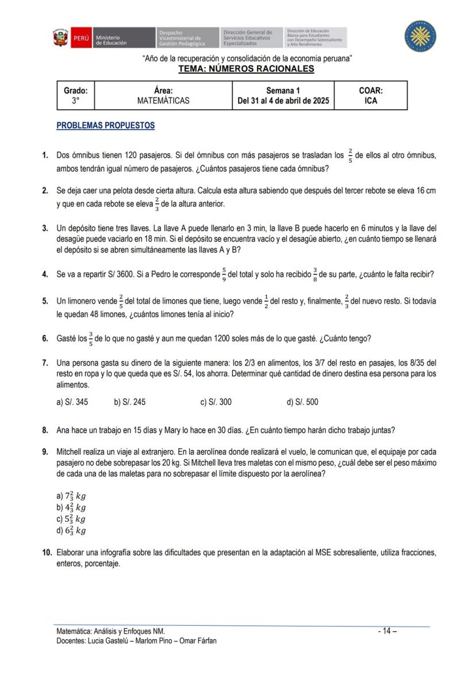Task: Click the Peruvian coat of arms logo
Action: [x=60, y=38]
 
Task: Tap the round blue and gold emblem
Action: [x=420, y=36]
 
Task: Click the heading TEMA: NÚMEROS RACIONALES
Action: [x=246, y=69]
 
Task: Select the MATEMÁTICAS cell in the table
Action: [x=163, y=101]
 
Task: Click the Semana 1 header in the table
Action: [x=283, y=90]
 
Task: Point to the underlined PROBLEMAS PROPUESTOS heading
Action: [x=105, y=125]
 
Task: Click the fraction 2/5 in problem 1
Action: [x=350, y=155]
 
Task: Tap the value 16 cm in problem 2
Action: [x=424, y=190]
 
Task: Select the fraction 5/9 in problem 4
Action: [x=224, y=274]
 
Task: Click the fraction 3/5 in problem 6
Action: [x=90, y=338]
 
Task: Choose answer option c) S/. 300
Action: [x=216, y=402]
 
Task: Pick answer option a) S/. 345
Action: [x=72, y=402]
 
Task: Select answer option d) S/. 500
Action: [x=302, y=402]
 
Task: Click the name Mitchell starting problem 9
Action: [x=70, y=451]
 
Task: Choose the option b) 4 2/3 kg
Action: [x=71, y=507]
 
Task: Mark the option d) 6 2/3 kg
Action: [x=71, y=530]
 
